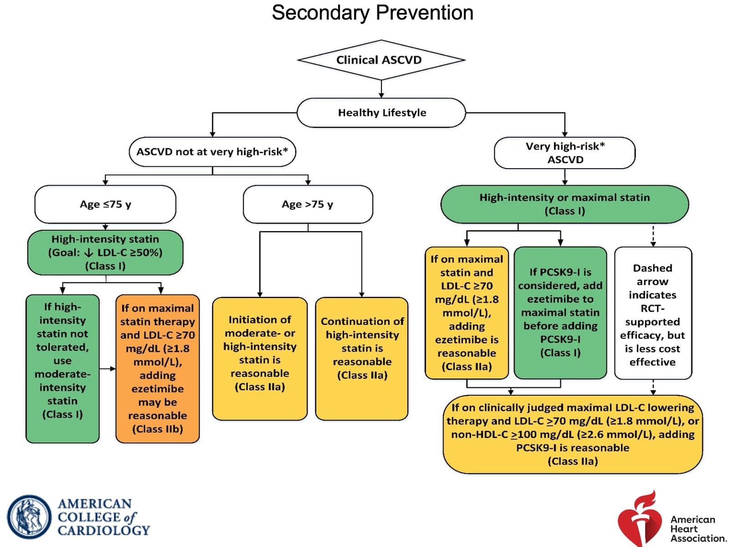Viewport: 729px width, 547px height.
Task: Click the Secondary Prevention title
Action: tap(372, 13)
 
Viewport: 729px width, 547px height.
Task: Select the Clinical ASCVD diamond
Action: tap(381, 60)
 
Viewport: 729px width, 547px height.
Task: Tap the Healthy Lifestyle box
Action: tap(381, 113)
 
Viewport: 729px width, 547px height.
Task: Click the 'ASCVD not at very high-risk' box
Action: tap(212, 152)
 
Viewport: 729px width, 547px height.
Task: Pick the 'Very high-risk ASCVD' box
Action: tap(565, 153)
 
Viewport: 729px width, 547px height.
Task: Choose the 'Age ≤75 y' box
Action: tap(105, 204)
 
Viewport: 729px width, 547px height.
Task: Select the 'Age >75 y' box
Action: tap(308, 204)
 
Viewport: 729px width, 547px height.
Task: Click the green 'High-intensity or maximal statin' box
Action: tap(565, 204)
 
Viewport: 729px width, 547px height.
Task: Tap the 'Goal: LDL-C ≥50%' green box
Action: tap(105, 253)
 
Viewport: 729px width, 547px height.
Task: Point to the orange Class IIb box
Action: tap(158, 369)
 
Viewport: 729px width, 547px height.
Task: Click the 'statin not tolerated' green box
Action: tap(62, 369)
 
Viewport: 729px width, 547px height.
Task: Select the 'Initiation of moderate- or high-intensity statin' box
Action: tap(260, 359)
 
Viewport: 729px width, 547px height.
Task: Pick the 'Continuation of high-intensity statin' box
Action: tap(362, 359)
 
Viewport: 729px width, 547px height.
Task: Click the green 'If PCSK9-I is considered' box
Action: tap(560, 313)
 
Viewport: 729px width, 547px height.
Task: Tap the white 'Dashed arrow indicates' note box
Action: tap(653, 313)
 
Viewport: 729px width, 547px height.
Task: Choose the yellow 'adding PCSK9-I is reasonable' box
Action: tap(573, 434)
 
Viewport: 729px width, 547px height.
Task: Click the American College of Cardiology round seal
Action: tap(29, 517)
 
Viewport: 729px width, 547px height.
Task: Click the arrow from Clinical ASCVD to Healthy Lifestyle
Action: tap(381, 89)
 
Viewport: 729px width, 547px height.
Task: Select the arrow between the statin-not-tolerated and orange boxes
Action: tap(108, 369)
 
